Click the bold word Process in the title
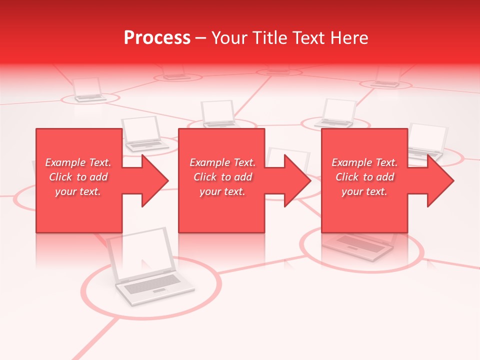coord(157,37)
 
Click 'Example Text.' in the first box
coord(78,162)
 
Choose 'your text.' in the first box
coord(78,191)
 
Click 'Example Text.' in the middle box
coord(222,162)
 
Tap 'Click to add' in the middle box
coord(222,177)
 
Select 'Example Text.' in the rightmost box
coord(364,162)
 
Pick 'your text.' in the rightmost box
coord(364,191)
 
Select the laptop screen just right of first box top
coord(141,129)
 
